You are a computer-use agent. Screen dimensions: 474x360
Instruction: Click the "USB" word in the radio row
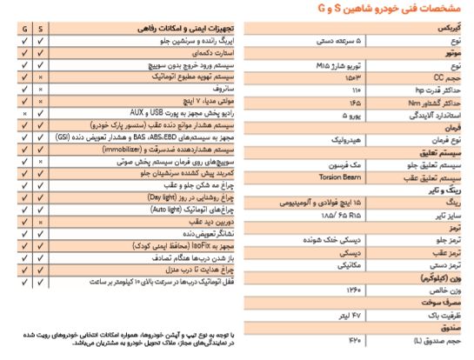click(84, 113)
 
